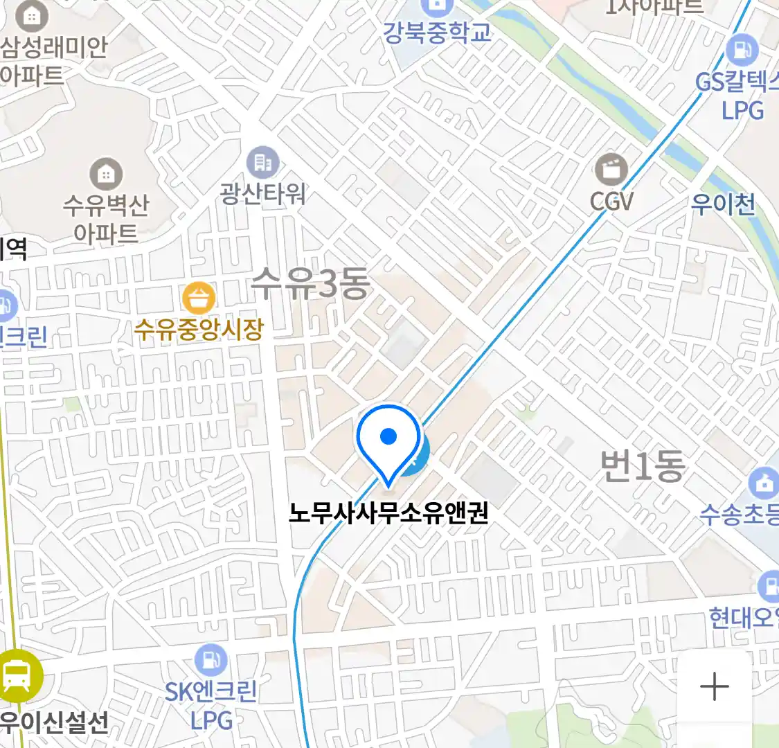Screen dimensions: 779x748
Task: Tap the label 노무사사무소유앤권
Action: click(x=388, y=513)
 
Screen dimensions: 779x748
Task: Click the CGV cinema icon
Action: click(x=611, y=170)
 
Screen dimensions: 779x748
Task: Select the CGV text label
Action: click(x=611, y=202)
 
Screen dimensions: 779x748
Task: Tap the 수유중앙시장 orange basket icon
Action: click(x=199, y=299)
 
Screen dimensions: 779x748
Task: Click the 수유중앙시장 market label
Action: click(x=199, y=329)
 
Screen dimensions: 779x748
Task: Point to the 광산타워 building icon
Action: click(x=262, y=163)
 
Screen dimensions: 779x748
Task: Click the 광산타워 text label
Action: click(x=262, y=193)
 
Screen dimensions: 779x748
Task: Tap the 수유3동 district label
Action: click(x=310, y=284)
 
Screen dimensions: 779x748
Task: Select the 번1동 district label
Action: click(x=642, y=465)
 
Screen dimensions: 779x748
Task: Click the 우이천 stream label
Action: click(x=723, y=204)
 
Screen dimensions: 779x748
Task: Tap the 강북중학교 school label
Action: click(x=438, y=33)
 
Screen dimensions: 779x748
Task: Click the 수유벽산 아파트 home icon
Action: click(x=106, y=174)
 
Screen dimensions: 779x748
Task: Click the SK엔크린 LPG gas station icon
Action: click(x=211, y=660)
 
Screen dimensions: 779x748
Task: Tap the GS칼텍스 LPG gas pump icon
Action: click(x=742, y=50)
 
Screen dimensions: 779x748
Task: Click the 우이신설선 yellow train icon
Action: click(x=17, y=676)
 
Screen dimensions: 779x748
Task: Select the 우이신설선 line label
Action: click(x=54, y=722)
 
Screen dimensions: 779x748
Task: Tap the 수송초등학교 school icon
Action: click(x=764, y=483)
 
